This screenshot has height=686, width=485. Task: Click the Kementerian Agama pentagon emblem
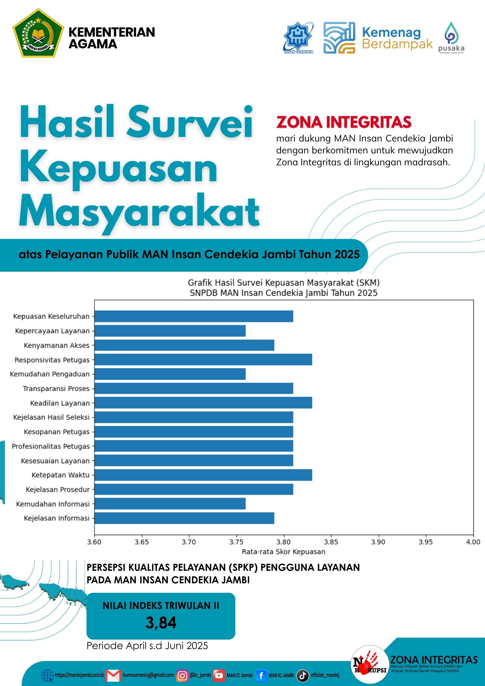(38, 33)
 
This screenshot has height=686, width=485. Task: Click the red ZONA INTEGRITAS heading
(344, 122)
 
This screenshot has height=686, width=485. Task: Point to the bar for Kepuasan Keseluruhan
(194, 316)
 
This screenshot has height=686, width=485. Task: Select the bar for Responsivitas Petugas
(203, 360)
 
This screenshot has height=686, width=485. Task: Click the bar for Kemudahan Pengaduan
(170, 374)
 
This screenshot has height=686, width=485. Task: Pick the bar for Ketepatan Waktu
(203, 475)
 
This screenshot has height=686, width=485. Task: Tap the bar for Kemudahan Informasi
(170, 504)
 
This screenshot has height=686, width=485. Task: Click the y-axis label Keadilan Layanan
(60, 403)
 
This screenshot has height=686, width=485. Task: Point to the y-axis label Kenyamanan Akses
(57, 345)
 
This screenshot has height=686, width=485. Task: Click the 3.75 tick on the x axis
(236, 542)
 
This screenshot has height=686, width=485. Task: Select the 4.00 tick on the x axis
(473, 542)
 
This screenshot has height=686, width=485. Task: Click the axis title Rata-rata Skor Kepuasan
(283, 552)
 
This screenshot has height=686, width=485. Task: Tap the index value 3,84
(161, 622)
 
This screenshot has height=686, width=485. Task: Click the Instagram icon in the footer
(182, 676)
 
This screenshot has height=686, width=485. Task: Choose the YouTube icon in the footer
(219, 676)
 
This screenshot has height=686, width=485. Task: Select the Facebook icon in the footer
(261, 675)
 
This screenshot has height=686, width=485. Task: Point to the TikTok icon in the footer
(303, 675)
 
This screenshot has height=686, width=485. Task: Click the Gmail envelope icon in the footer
(113, 676)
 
